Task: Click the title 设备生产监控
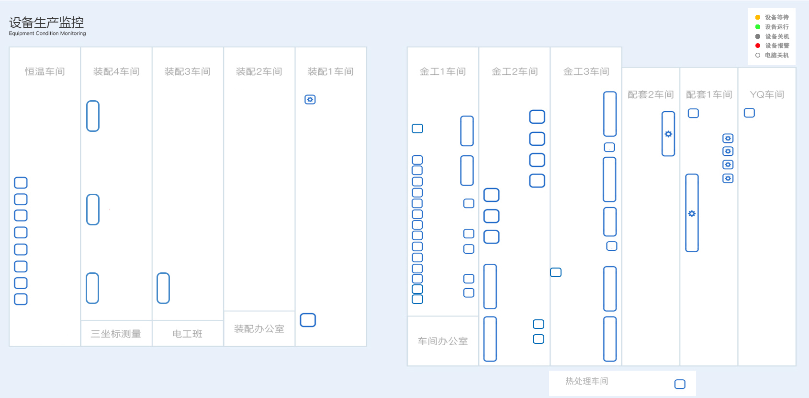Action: point(46,23)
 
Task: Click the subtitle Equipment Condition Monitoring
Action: point(47,33)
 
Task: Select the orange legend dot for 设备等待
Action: point(758,17)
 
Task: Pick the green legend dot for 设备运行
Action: point(758,27)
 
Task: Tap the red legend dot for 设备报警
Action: point(758,46)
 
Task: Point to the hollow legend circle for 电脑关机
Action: point(758,55)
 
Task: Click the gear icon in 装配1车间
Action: point(310,100)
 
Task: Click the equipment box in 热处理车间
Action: point(680,384)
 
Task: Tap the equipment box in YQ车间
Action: point(750,113)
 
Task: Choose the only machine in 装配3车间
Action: point(163,288)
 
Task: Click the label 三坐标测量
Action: point(115,334)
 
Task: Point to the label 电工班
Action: point(187,334)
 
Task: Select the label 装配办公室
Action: point(259,328)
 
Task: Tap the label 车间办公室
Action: point(443,341)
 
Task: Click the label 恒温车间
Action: point(45,71)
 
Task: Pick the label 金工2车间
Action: point(515,71)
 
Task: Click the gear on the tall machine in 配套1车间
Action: point(692,213)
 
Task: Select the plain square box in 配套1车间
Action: point(693,113)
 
